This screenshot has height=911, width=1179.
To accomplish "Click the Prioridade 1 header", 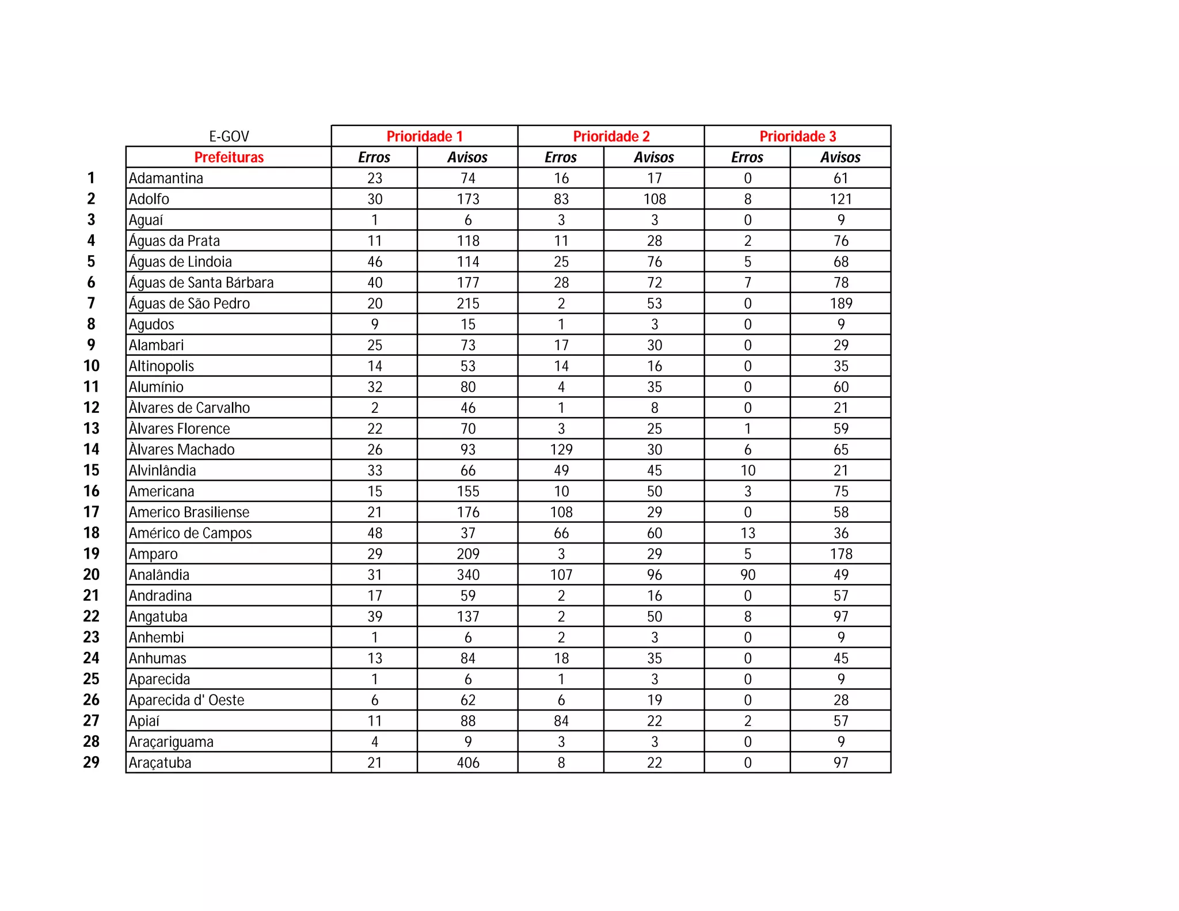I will [424, 136].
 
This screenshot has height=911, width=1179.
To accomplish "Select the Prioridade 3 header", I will [797, 136].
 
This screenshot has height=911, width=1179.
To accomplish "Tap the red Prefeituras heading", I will [229, 157].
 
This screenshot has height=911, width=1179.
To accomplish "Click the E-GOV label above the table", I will [229, 136].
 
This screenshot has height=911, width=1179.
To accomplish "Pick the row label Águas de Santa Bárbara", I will [201, 283].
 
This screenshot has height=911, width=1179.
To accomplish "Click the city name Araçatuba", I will [160, 763].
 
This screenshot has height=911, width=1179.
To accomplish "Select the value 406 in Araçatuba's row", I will [467, 763].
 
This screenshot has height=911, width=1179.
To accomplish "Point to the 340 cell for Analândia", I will [467, 575].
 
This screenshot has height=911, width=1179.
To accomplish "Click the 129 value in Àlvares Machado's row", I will [561, 450].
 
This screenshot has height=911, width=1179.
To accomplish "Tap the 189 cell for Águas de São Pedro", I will [840, 303].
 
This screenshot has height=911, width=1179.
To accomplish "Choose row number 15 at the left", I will [92, 470].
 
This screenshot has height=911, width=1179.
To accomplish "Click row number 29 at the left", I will [92, 762].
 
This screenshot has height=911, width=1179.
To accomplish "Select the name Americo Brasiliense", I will [189, 513].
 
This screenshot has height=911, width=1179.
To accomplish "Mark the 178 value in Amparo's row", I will [840, 554].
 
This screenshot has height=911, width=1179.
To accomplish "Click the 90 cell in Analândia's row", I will [747, 575].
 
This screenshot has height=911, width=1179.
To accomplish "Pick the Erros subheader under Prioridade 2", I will [561, 157].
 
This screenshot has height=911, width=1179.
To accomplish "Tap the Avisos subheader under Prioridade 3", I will [840, 157].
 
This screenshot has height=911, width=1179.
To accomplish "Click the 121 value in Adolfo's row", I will [840, 199].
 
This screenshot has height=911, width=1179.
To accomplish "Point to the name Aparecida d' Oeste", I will [187, 700].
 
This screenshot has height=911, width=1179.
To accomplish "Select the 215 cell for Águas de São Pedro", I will [467, 303].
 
